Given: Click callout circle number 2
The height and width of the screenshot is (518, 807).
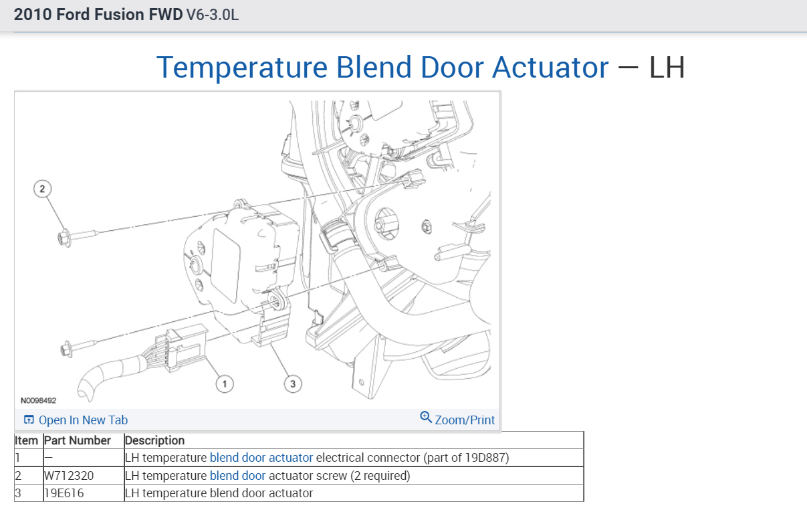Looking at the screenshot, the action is tap(42, 189).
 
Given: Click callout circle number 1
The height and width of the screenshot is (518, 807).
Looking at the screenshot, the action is tap(225, 383).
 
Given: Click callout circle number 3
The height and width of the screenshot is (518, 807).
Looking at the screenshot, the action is tap(292, 383).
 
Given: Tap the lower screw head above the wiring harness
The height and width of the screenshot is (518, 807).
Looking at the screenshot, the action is tap(66, 349).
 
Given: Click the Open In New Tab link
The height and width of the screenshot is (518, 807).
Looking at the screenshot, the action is tap(82, 420).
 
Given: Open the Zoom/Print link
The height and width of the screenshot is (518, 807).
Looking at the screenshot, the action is tap(465, 420).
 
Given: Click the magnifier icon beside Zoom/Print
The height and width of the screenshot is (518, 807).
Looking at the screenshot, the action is tap(426, 418).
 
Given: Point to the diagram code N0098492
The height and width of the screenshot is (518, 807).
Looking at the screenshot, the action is tap(38, 400).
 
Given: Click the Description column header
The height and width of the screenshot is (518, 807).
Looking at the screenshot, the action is tap(154, 440).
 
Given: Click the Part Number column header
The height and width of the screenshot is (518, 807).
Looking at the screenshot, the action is tap(77, 440).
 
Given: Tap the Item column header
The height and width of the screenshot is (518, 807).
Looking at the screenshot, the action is tap(27, 440).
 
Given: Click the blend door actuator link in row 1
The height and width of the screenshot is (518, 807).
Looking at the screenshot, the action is tap(261, 458).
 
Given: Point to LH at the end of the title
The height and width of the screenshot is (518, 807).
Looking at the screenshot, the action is tap(667, 68).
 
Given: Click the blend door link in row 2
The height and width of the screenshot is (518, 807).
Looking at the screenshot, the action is tap(237, 476).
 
